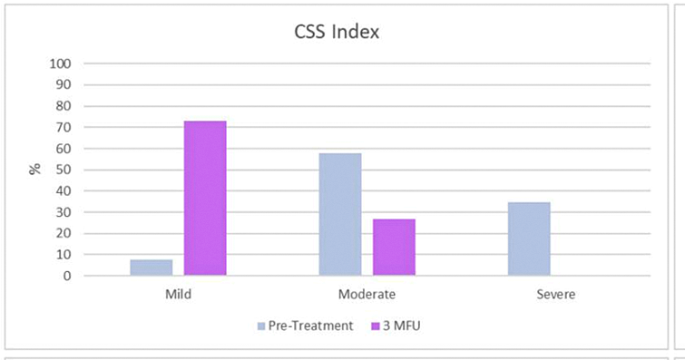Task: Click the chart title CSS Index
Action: (337, 32)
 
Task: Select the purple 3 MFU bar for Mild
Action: (205, 198)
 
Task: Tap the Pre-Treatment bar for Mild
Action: (152, 268)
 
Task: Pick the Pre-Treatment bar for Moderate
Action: (340, 214)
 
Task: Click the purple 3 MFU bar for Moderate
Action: (394, 247)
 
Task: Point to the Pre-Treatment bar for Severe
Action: (529, 238)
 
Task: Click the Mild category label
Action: (178, 294)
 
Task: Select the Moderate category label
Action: (367, 294)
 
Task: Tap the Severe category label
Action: (555, 294)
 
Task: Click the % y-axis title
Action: (35, 169)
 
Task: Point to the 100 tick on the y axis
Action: (60, 63)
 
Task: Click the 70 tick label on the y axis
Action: (64, 128)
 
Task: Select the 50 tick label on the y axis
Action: (64, 170)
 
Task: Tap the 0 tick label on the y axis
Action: (67, 276)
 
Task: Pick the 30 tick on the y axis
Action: (64, 212)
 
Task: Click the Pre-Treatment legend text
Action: (310, 326)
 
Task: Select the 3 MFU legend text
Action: (402, 326)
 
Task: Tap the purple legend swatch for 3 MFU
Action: (376, 326)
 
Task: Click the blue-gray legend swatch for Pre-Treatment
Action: (261, 326)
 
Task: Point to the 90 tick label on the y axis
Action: (64, 85)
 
